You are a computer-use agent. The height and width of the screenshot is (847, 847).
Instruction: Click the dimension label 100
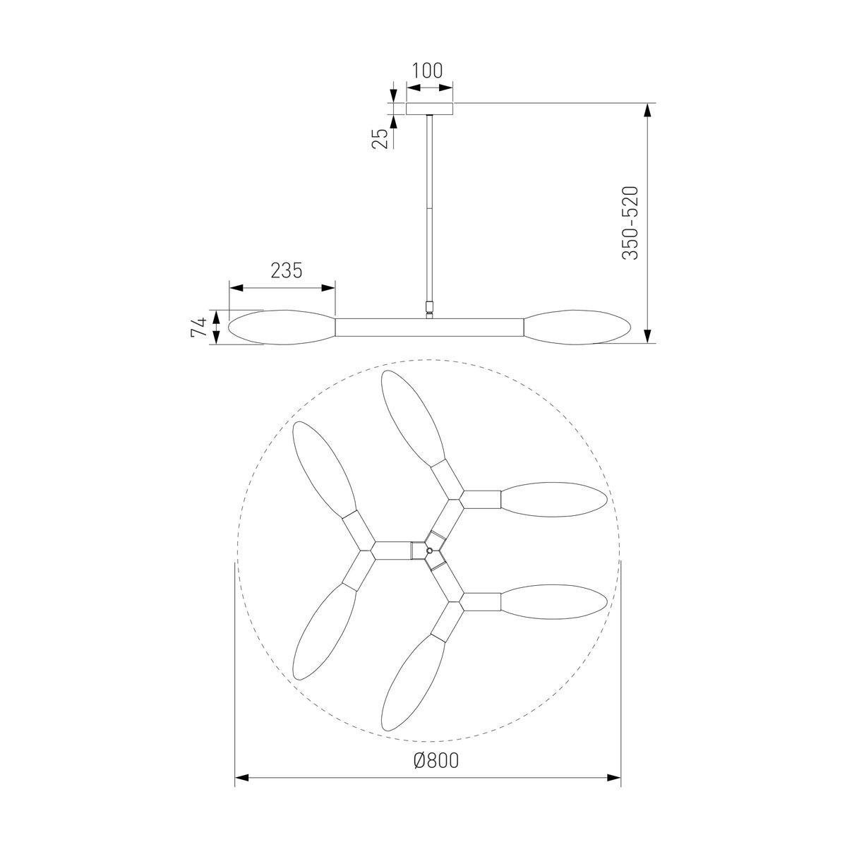point(427,71)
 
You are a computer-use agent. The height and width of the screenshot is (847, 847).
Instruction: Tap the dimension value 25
point(380,139)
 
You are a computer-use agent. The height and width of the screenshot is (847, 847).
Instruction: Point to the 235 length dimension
point(287,270)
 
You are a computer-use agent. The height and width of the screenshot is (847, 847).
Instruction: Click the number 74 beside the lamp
point(198,327)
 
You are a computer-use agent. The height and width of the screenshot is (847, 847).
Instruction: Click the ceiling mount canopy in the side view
point(429,109)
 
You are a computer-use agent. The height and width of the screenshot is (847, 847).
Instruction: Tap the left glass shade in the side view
point(282,327)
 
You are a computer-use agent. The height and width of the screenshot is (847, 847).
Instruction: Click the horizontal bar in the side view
point(429,328)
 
